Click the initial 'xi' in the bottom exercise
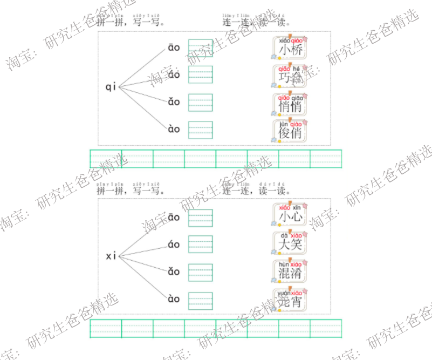point(111,256)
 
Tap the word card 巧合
point(290,77)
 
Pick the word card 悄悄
point(290,105)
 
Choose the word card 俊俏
point(290,132)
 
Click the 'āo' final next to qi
point(174,48)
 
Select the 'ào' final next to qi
point(174,129)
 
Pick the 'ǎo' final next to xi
point(174,271)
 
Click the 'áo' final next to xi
point(174,244)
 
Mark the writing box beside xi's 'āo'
point(200,218)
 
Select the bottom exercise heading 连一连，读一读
point(256,191)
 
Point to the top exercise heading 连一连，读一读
point(256,23)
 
